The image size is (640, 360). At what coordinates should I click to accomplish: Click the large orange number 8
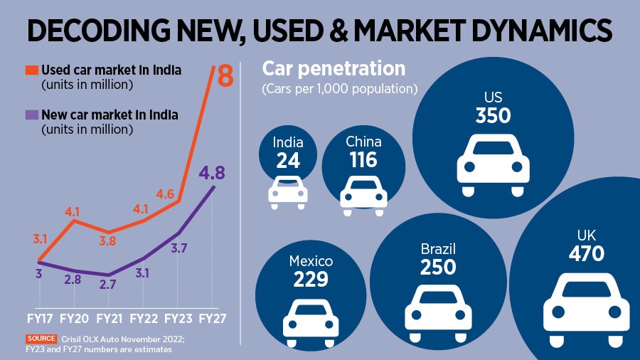pyautogui.click(x=225, y=75)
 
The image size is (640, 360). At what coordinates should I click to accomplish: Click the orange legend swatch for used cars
pyautogui.click(x=31, y=70)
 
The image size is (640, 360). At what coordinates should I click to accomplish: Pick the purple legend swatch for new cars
pyautogui.click(x=31, y=115)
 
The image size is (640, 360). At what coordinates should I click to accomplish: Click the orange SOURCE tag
pyautogui.click(x=41, y=339)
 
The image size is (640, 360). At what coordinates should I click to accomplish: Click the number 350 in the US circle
pyautogui.click(x=494, y=115)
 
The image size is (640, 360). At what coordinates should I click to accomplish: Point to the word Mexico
pyautogui.click(x=310, y=261)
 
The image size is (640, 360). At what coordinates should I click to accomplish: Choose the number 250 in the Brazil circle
pyautogui.click(x=437, y=267)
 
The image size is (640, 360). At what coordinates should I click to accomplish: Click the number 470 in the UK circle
pyautogui.click(x=587, y=253)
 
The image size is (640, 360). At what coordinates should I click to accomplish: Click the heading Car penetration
pyautogui.click(x=334, y=69)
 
